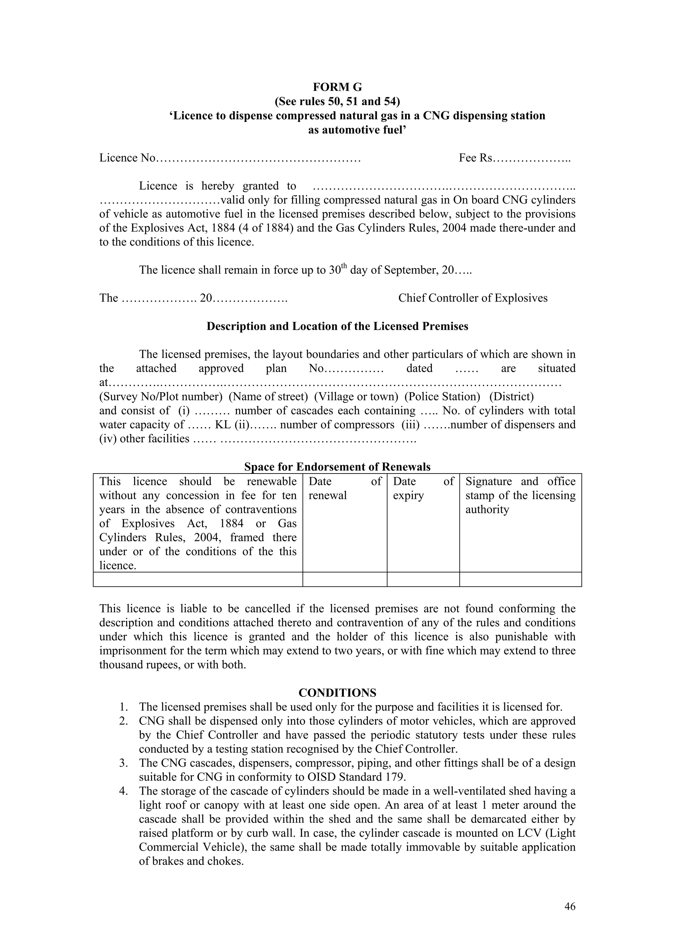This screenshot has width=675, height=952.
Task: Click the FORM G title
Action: [x=337, y=87]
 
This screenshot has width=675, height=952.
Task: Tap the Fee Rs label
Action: [x=476, y=158]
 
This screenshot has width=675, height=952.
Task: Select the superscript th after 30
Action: [x=344, y=265]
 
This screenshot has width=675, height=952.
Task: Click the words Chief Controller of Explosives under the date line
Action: [x=473, y=298]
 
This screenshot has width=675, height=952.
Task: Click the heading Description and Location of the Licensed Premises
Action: [x=337, y=326]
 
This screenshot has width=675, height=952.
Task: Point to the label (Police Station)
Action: [x=442, y=396]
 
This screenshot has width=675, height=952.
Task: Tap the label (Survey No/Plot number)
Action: [x=161, y=396]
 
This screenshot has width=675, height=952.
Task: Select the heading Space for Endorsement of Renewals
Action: [x=337, y=467]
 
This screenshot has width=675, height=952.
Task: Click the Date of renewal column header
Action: [x=344, y=488]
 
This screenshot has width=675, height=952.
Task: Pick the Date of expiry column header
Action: [x=423, y=488]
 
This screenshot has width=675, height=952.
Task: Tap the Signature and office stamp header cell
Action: [x=520, y=495]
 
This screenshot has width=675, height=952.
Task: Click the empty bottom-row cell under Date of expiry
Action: [x=423, y=579]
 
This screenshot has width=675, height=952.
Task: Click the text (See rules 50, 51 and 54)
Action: [x=337, y=101]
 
